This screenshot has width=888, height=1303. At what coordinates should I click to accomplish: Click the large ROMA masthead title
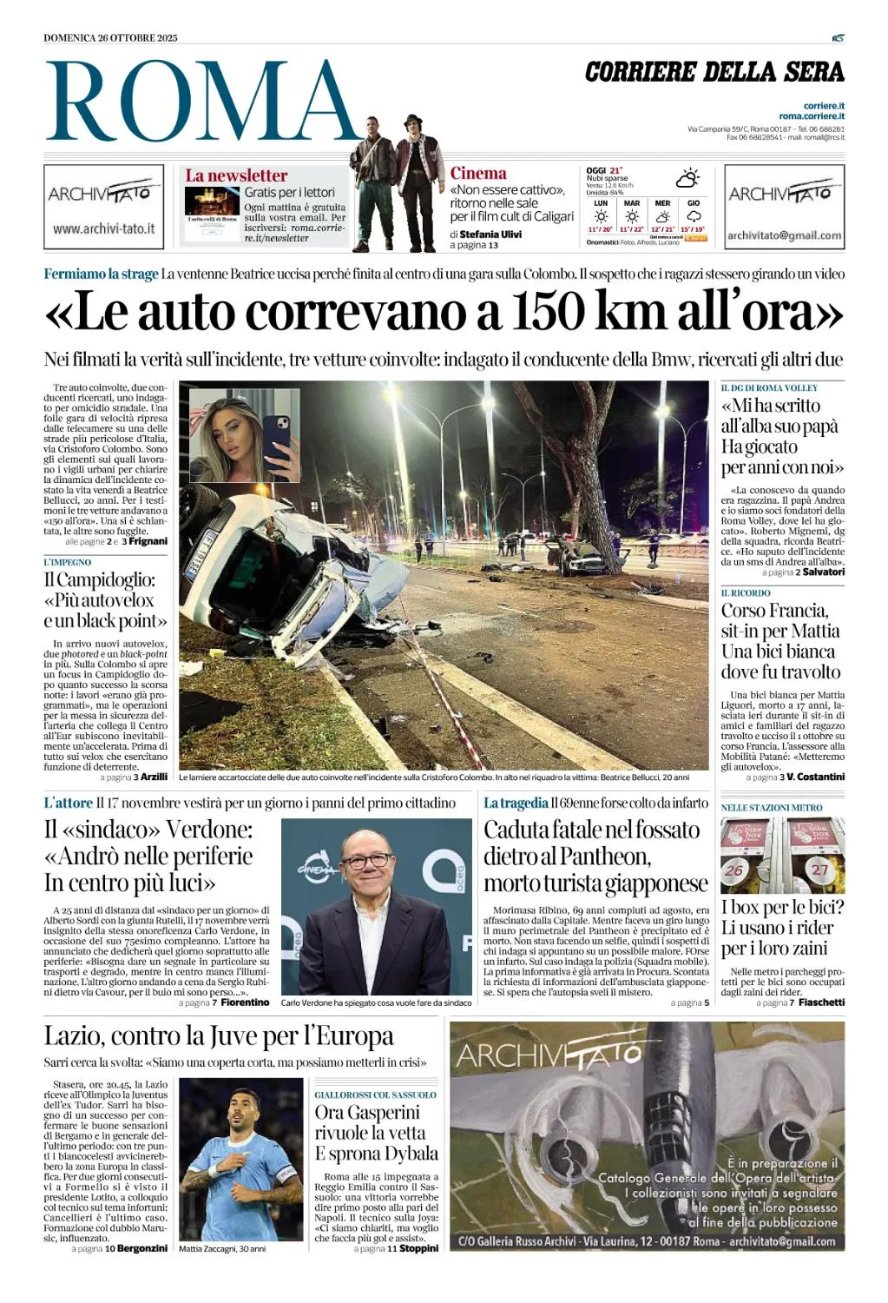pos(201,103)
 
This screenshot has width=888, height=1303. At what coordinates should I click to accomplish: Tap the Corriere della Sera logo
pos(714,72)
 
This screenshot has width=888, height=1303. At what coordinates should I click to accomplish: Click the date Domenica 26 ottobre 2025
pos(110,37)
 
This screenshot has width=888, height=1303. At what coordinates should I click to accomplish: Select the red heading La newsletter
pos(236,175)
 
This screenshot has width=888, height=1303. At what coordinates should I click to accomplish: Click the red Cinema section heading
pos(478,173)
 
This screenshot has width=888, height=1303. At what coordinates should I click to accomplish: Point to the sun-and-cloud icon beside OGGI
pos(687,178)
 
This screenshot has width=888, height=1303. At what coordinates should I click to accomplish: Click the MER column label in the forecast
pos(662,203)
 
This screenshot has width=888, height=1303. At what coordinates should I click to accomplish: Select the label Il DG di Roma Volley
pos(769,387)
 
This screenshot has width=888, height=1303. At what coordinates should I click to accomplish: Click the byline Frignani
pos(148,541)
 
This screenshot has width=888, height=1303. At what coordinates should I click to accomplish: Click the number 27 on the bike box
pos(819,869)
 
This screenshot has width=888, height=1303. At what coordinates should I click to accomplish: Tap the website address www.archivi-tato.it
pos(103,228)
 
